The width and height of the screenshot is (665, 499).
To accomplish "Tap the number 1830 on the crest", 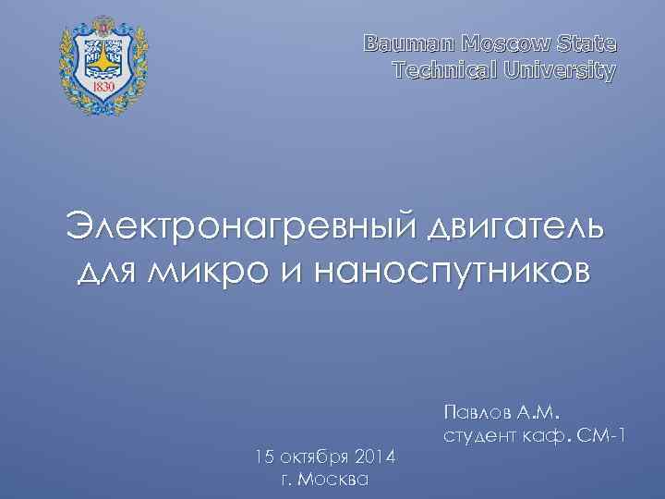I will [x=103, y=86].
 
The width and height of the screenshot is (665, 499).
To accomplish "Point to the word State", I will [x=589, y=43].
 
